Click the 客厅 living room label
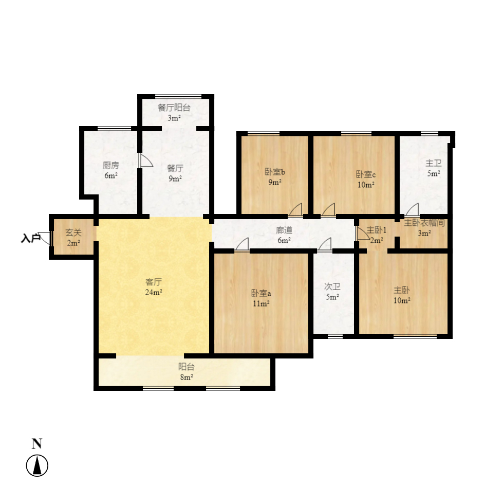[154, 282]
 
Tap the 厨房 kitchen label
[110, 165]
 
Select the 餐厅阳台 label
[174, 107]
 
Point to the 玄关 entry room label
[73, 232]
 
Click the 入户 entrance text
[30, 239]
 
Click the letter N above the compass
[37, 443]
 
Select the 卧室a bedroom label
[261, 293]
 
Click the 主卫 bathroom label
[433, 163]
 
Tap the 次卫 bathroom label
[332, 286]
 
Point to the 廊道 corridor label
[284, 230]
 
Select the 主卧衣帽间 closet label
[424, 223]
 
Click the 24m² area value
[154, 293]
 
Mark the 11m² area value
[261, 303]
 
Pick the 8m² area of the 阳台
[186, 377]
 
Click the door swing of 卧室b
[296, 210]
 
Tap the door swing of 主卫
[412, 210]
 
